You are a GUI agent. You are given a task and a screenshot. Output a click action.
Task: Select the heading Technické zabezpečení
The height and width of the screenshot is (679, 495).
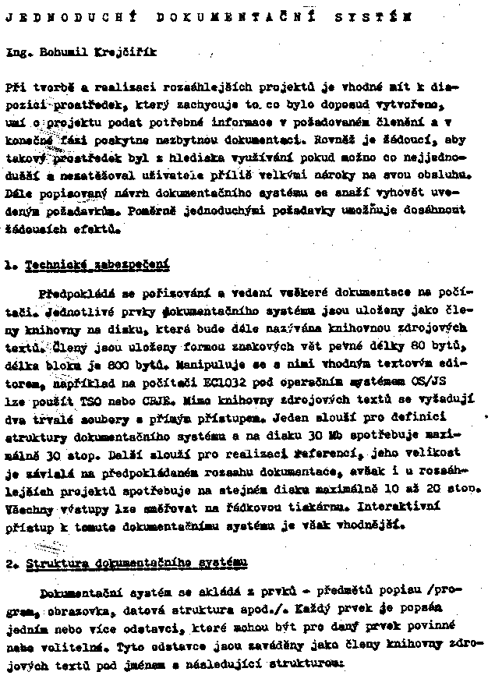click(x=97, y=264)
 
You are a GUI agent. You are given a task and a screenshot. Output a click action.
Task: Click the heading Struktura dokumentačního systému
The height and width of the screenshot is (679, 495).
click(x=137, y=562)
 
